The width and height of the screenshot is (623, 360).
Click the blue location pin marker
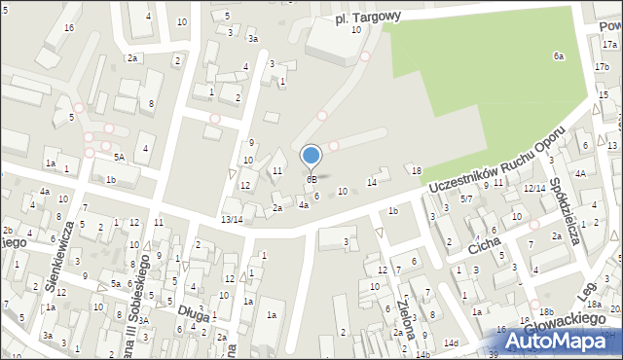[311, 156]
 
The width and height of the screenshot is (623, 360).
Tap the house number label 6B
[311, 180]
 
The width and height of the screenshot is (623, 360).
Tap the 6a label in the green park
[559, 56]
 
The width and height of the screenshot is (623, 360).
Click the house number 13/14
[232, 220]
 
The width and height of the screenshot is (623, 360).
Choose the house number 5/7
[466, 198]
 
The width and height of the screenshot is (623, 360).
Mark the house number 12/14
[534, 188]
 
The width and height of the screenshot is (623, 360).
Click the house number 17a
[609, 44]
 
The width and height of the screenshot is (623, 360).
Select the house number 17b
[602, 66]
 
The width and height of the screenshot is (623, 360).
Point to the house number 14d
[450, 343]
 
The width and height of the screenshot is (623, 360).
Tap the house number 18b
[546, 311]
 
